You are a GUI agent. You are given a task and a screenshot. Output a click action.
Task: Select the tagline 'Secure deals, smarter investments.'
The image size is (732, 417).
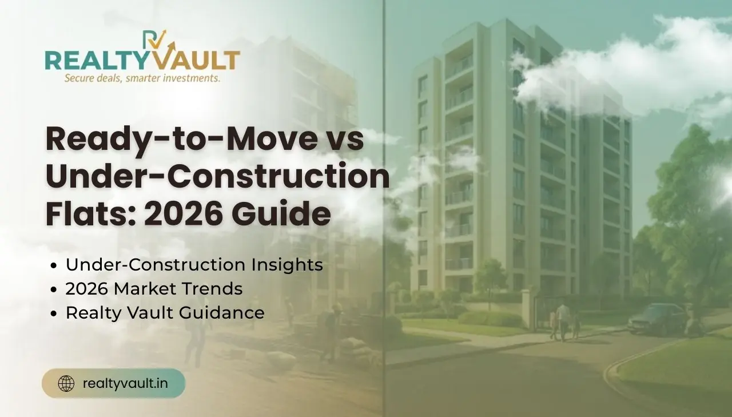pyautogui.click(x=142, y=78)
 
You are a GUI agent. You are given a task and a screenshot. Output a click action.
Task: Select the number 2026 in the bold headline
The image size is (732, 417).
pyautogui.click(x=184, y=214)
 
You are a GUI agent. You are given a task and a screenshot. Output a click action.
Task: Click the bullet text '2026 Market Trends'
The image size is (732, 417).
pyautogui.click(x=154, y=289)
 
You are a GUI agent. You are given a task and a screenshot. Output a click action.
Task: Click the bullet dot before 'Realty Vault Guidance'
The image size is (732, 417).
pyautogui.click(x=54, y=313)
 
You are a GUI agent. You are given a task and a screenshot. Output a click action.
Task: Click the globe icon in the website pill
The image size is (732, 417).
pyautogui.click(x=66, y=383)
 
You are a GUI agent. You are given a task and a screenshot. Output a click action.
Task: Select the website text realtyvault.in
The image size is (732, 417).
pyautogui.click(x=125, y=383)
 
